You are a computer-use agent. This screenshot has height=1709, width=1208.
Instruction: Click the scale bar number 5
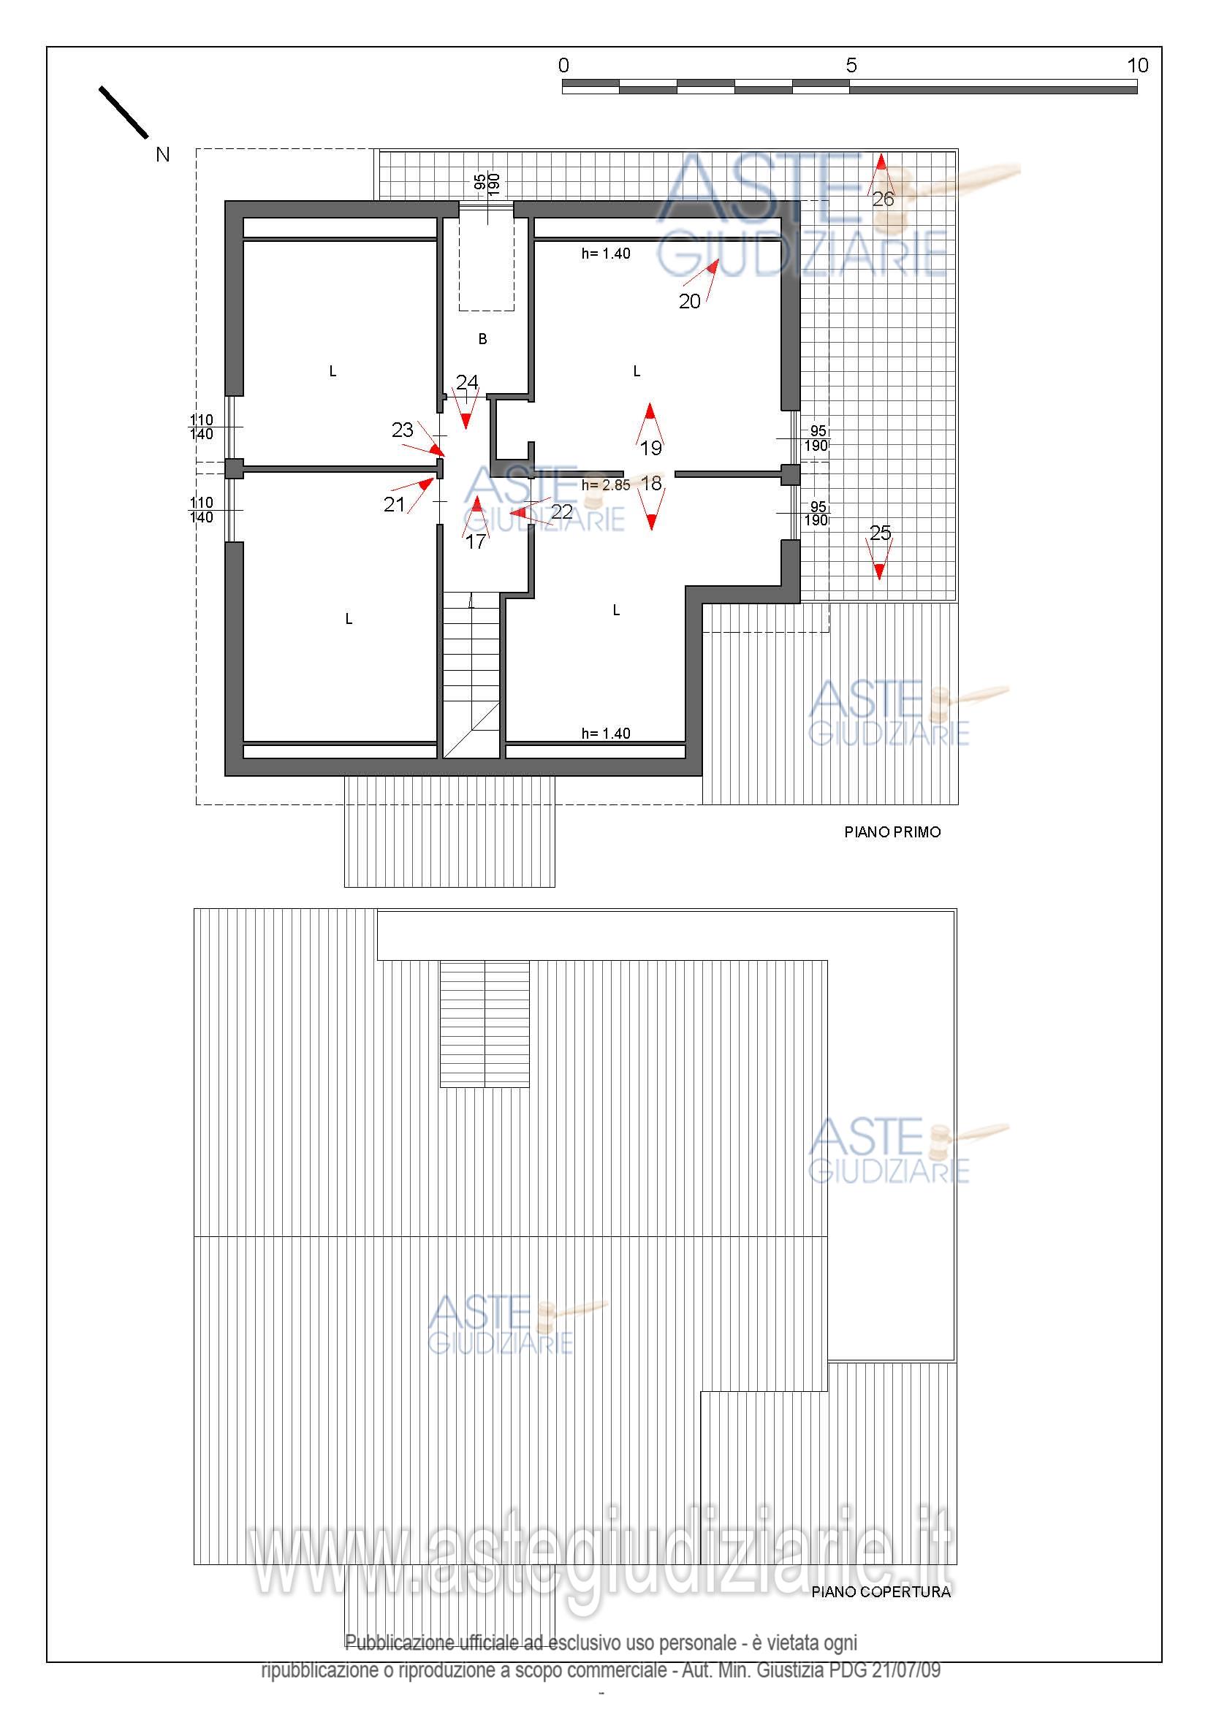pyautogui.click(x=851, y=66)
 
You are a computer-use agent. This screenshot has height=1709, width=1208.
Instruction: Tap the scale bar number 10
pyautogui.click(x=1138, y=66)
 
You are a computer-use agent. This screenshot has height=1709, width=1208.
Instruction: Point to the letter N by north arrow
pyautogui.click(x=163, y=155)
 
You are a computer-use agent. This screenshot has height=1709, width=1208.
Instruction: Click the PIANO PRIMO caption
pyautogui.click(x=892, y=832)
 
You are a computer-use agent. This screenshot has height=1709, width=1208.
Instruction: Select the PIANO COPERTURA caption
pyautogui.click(x=881, y=1592)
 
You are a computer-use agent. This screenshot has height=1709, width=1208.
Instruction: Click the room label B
pyautogui.click(x=482, y=340)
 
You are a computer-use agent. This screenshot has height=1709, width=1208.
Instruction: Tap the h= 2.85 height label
pyautogui.click(x=606, y=485)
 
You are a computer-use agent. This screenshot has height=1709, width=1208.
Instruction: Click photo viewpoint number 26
pyautogui.click(x=883, y=199)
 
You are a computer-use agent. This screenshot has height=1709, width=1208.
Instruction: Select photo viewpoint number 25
pyautogui.click(x=881, y=533)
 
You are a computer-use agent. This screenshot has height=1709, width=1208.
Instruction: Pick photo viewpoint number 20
pyautogui.click(x=690, y=301)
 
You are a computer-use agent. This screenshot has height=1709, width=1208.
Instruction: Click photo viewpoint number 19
pyautogui.click(x=651, y=447)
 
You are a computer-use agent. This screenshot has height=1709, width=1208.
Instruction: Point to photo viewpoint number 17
pyautogui.click(x=476, y=542)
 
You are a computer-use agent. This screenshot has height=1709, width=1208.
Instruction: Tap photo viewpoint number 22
pyautogui.click(x=562, y=512)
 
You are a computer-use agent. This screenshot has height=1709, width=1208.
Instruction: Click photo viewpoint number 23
pyautogui.click(x=403, y=430)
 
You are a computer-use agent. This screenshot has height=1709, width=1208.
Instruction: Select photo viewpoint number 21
pyautogui.click(x=394, y=505)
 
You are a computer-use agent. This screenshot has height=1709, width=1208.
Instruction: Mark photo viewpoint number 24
pyautogui.click(x=467, y=383)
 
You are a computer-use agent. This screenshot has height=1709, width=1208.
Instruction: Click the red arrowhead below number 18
pyautogui.click(x=652, y=522)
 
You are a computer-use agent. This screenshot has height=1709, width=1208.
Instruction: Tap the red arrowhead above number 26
pyautogui.click(x=881, y=162)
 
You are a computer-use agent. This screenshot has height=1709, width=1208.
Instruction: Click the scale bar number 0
pyautogui.click(x=564, y=66)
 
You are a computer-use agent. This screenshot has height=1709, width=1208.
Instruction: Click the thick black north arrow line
pyautogui.click(x=124, y=113)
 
